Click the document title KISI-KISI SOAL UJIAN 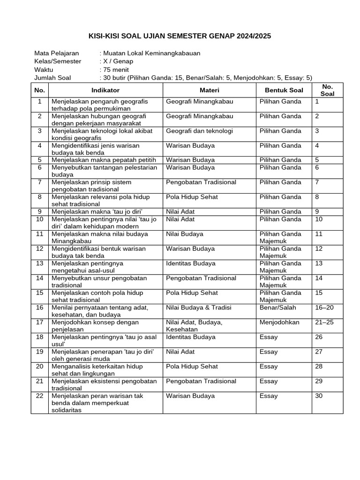[180, 36]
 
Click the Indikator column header [105, 90]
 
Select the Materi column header [209, 90]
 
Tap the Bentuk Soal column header [284, 90]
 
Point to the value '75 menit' [116, 69]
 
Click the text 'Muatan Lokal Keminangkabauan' [152, 53]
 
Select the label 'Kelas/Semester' [58, 61]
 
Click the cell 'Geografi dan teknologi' [199, 131]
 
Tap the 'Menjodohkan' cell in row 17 [279, 322]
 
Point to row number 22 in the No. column [40, 396]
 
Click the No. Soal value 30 [319, 396]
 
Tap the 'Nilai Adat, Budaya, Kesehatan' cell [194, 325]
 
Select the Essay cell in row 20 [269, 366]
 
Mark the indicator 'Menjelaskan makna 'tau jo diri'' [97, 211]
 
